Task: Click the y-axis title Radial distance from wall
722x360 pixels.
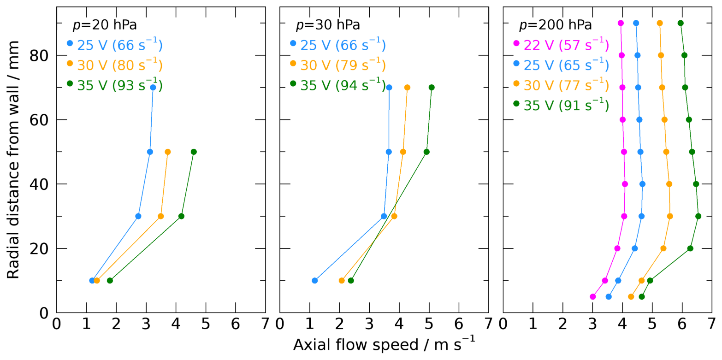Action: coord(14,159)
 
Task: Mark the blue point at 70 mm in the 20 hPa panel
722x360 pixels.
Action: coord(153,88)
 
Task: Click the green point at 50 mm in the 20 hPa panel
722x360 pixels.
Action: coord(194,152)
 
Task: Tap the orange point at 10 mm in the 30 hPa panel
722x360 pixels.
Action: coord(342,280)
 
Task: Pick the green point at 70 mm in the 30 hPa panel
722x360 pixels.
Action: coord(432,88)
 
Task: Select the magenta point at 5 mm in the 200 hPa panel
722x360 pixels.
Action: coord(593,296)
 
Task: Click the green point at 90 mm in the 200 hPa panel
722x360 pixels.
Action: coord(681,23)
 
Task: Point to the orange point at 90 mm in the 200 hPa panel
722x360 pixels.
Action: coord(660,23)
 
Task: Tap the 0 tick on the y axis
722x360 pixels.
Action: coord(45,313)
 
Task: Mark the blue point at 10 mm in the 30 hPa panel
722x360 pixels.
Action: coord(315,280)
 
